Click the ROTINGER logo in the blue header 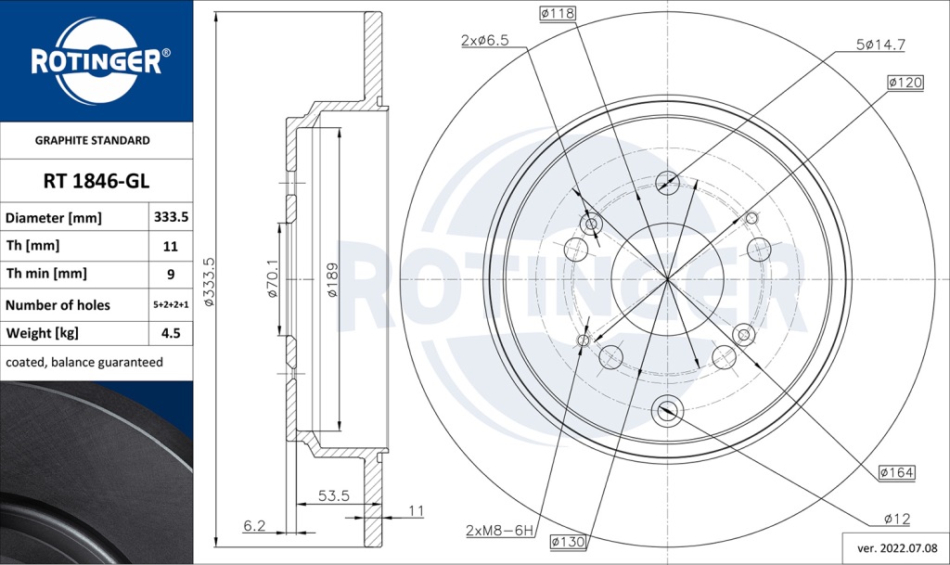96,60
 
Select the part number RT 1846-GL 96,181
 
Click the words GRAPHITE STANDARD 92,141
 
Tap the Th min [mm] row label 46,274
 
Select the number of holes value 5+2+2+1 171,305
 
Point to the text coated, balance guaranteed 83,362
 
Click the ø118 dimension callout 557,13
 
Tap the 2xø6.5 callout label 485,40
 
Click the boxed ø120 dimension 905,83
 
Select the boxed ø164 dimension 896,473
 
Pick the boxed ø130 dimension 567,542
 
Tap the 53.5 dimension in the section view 333,496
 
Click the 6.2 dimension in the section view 254,526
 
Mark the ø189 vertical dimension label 331,279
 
